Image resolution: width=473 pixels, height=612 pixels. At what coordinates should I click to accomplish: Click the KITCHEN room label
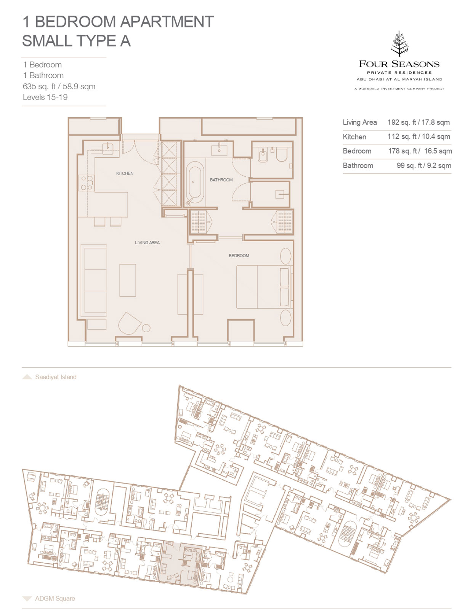pos(125,173)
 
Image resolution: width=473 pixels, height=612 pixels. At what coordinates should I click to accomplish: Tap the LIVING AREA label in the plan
pos(147,243)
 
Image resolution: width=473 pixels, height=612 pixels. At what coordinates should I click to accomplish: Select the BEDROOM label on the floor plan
pos(239,256)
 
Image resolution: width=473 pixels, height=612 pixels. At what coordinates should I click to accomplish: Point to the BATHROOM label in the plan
pos(221,180)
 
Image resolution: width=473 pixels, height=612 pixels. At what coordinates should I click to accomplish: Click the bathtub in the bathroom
pos(195,183)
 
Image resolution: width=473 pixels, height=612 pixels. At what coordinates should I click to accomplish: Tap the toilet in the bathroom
pos(282,155)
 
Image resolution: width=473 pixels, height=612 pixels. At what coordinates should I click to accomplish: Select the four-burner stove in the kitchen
pos(86,183)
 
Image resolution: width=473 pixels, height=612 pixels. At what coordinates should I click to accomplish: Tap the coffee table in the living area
pos(128,280)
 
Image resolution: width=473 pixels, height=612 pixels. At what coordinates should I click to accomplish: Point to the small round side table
pos(146,328)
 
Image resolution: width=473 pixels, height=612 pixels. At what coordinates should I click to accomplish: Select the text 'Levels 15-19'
pos(45,97)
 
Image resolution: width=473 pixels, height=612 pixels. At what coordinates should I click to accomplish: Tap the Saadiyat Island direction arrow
pos(27,377)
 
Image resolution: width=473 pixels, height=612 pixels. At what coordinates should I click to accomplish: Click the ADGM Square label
pos(55,598)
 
